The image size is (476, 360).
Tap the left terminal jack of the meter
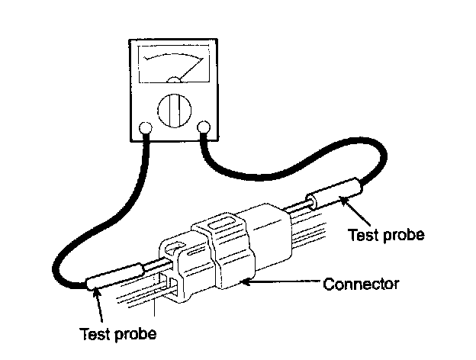point(145,128)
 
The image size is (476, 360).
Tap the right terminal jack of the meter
point(204,127)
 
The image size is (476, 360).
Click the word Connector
point(362,284)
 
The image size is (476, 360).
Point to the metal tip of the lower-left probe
point(153,264)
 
